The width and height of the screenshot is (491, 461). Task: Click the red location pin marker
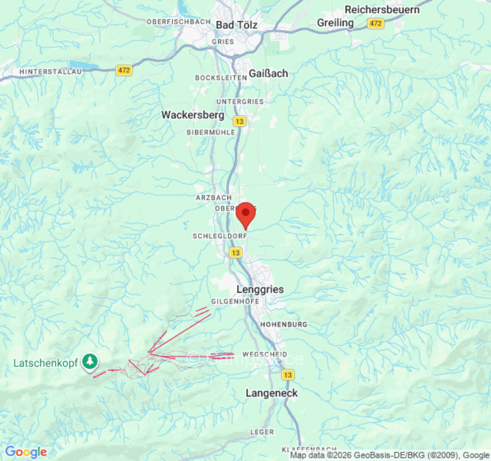246,215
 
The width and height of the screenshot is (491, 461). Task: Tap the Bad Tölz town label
237,25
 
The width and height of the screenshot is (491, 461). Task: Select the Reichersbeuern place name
382,9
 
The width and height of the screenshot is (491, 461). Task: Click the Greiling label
336,22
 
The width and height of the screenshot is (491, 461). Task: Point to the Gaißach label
268,73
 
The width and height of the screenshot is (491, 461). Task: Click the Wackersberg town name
192,115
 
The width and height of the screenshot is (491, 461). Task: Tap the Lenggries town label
260,289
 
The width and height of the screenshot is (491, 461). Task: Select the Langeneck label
272,393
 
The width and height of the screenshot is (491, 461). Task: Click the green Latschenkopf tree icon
90,361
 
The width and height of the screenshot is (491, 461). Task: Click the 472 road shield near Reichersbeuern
376,24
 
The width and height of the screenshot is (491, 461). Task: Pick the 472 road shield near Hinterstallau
124,70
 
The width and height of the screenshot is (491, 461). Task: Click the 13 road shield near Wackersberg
239,122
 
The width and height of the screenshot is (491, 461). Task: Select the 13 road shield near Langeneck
288,375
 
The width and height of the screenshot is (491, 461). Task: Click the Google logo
26,452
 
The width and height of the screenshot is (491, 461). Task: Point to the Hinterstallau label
51,71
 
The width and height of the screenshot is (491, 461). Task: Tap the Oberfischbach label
178,21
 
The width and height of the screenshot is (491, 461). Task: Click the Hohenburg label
284,325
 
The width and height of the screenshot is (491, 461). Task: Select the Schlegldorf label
219,236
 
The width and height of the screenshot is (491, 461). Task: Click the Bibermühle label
211,132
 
